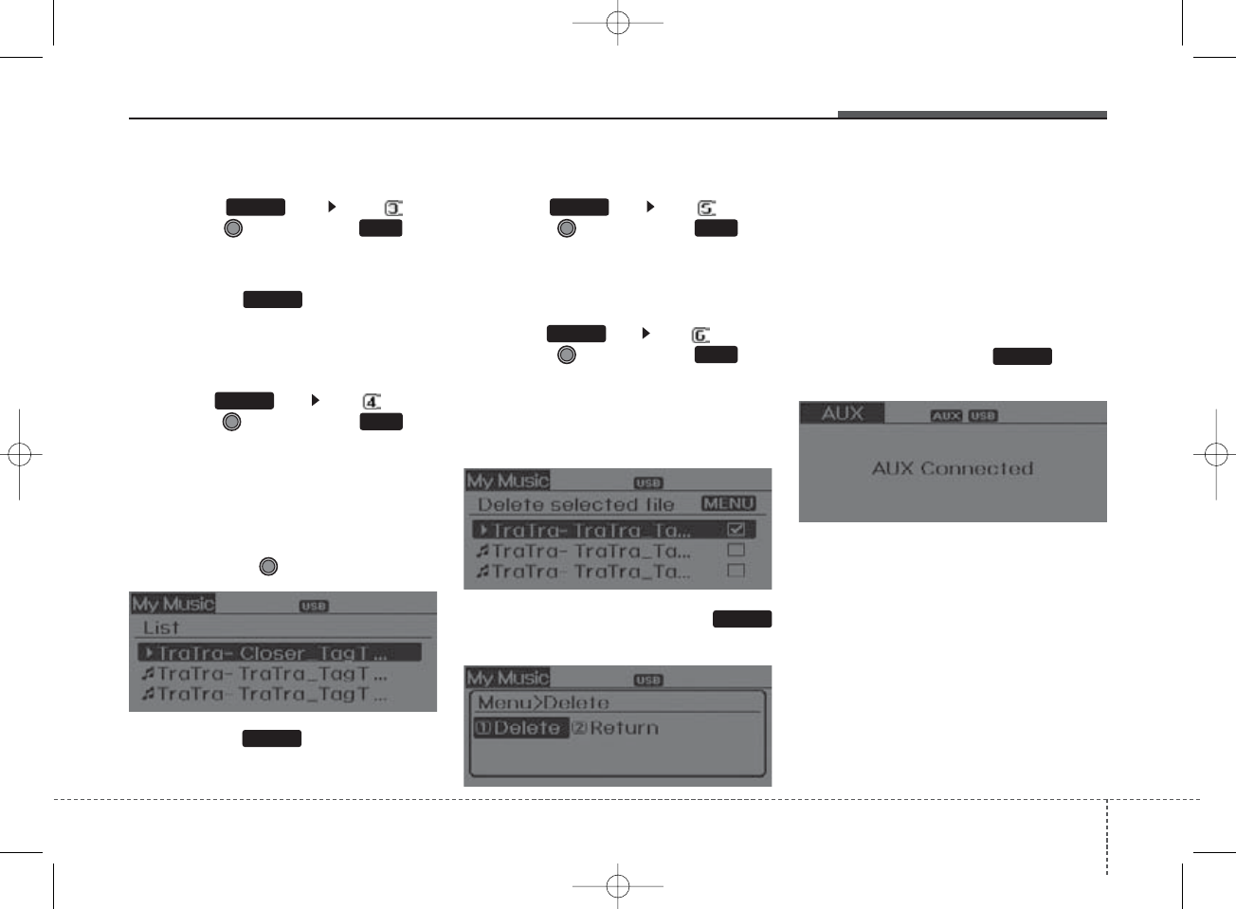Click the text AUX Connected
click(952, 468)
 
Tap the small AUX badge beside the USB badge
click(946, 415)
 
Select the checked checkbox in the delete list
click(736, 530)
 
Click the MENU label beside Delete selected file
click(728, 503)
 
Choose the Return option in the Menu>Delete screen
click(615, 728)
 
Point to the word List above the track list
click(161, 627)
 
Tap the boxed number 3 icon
click(393, 209)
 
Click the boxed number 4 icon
click(372, 402)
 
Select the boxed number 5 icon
click(706, 209)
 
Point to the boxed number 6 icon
click(700, 336)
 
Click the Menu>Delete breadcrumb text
click(542, 702)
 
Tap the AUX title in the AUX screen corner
click(842, 413)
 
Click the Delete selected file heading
click(575, 504)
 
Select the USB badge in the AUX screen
click(983, 415)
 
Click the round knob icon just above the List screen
click(268, 566)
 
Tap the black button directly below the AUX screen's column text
click(1022, 356)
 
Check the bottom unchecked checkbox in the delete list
click(736, 571)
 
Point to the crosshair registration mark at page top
click(617, 22)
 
